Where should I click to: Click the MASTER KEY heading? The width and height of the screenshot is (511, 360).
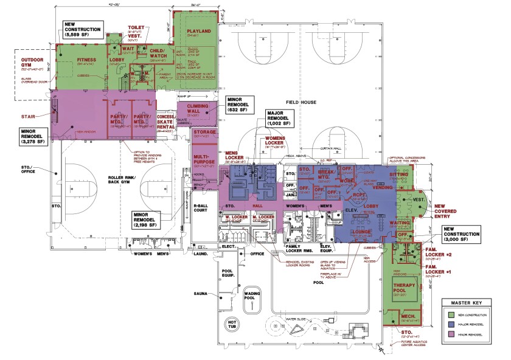(471, 302)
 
